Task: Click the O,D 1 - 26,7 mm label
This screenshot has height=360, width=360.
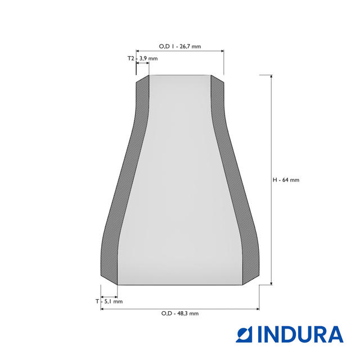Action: [x=180, y=46]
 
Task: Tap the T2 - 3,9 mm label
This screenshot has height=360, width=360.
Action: [x=142, y=58]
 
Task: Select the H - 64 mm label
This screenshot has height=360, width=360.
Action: [x=286, y=180]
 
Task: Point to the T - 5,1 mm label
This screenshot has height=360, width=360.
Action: [x=109, y=301]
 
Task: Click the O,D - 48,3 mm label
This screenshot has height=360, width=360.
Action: [x=180, y=313]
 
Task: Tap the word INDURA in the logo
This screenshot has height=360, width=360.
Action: [x=300, y=335]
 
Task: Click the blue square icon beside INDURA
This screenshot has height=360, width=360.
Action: [x=244, y=335]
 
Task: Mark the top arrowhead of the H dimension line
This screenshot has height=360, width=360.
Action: [x=271, y=76]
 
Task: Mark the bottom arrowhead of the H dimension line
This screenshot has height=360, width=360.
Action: [x=271, y=283]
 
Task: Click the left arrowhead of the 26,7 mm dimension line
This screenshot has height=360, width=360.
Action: [x=138, y=51]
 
